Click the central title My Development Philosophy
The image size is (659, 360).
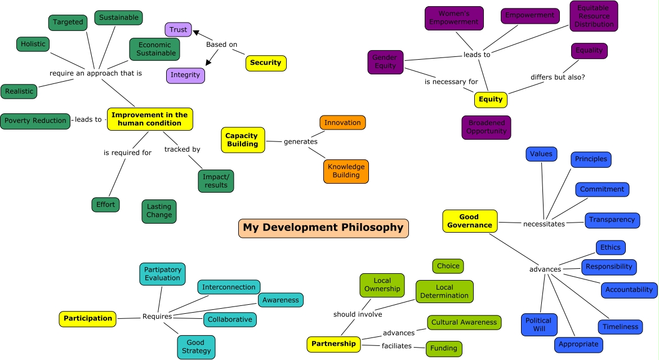tap(323, 228)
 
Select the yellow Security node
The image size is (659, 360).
tap(266, 63)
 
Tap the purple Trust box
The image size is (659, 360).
tap(179, 30)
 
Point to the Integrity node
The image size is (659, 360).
tap(185, 75)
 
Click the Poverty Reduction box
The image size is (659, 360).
tap(35, 121)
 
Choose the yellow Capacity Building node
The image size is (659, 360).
tap(242, 140)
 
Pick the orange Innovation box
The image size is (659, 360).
tap(342, 123)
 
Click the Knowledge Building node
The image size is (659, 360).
tap(346, 171)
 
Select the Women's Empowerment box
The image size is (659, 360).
tap(454, 18)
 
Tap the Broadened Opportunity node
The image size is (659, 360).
tap(486, 127)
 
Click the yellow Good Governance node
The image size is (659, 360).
tap(470, 221)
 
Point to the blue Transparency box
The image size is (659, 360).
tap(612, 220)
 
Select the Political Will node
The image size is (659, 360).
tap(538, 325)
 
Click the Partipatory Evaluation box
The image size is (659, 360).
tap(162, 274)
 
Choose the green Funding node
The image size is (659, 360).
tap(444, 349)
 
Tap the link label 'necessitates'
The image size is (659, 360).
tap(544, 224)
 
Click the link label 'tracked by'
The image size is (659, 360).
tap(182, 149)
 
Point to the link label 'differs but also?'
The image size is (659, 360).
tap(558, 77)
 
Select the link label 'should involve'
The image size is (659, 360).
tap(358, 314)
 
